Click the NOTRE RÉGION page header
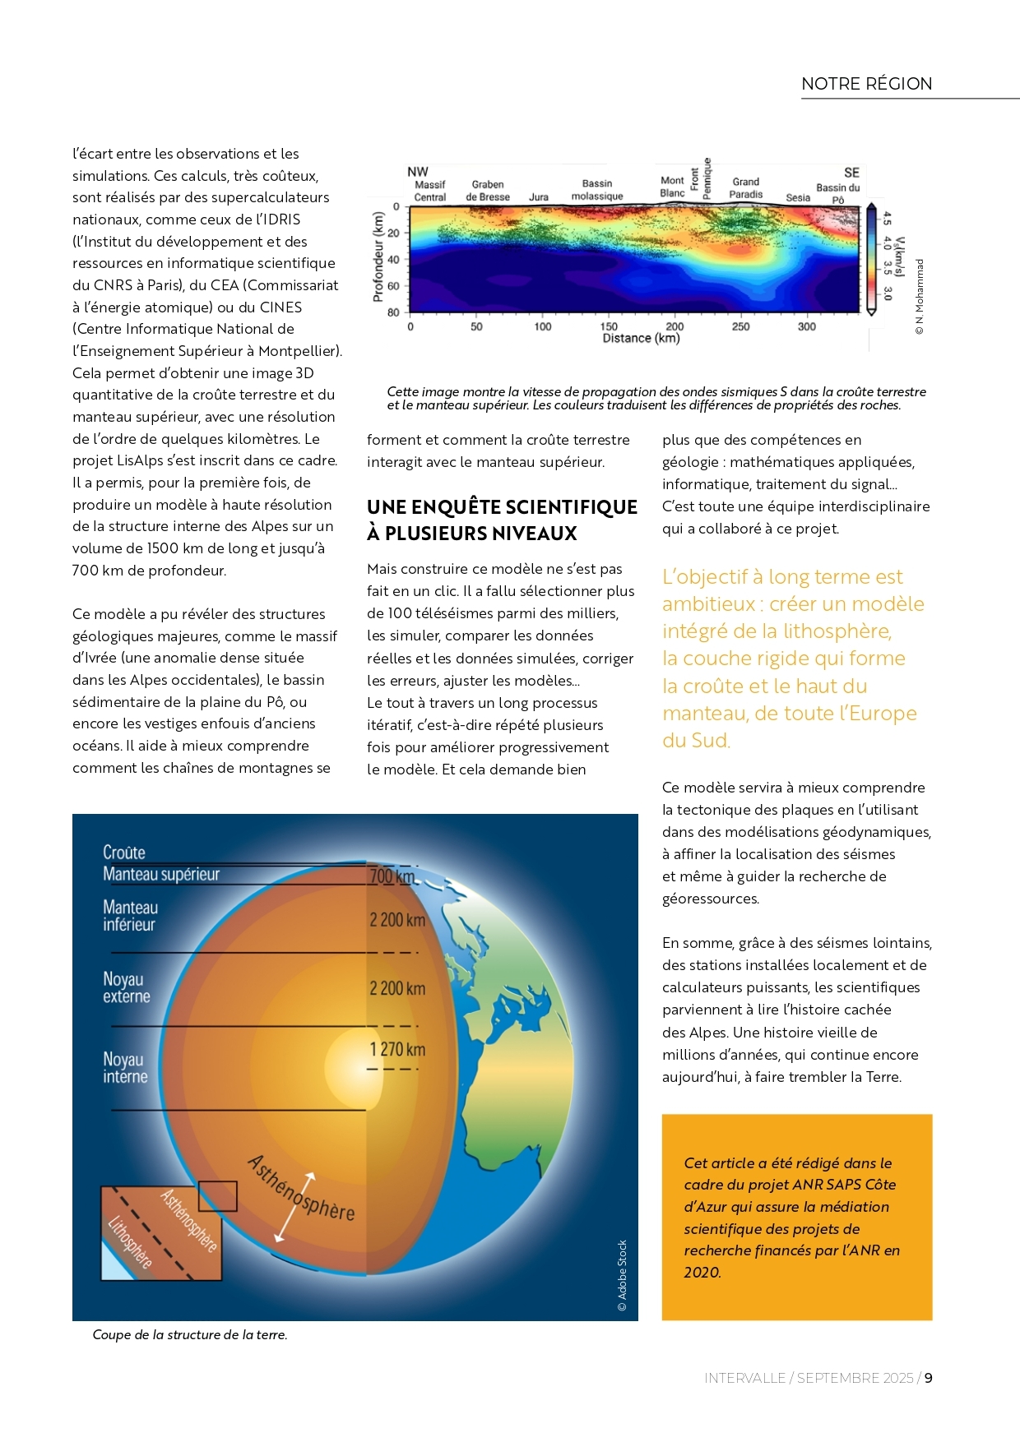(x=866, y=84)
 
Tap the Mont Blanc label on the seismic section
(x=672, y=187)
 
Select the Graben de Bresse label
(x=488, y=191)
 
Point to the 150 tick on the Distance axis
(x=609, y=326)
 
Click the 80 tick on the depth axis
(x=393, y=312)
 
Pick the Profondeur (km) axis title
(x=378, y=257)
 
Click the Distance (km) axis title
(x=641, y=339)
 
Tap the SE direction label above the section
(x=851, y=173)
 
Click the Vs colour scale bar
(x=870, y=258)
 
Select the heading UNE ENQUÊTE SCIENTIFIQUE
(x=502, y=507)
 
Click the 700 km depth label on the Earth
(x=392, y=876)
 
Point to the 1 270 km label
(x=397, y=1050)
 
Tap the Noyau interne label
(x=125, y=1068)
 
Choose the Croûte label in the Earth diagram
(x=124, y=853)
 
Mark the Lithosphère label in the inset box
(x=130, y=1241)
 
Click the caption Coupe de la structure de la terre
(x=190, y=1335)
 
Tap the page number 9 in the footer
(x=928, y=1378)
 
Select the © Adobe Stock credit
(x=623, y=1275)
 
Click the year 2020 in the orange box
(x=702, y=1273)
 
